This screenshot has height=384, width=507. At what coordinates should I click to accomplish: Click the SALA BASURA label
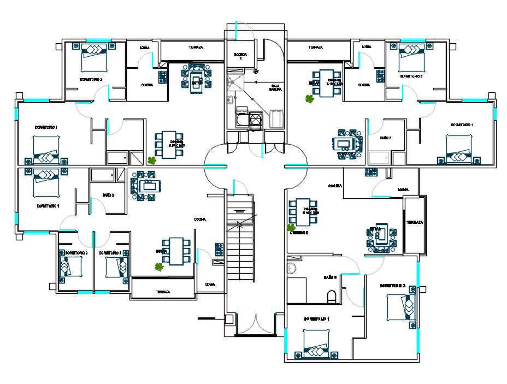coord(276,87)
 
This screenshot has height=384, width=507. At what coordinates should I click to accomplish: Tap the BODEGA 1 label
coord(241,56)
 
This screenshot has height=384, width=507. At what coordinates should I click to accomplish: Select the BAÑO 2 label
coord(108,194)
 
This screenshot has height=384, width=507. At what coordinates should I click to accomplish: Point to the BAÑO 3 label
coord(386,138)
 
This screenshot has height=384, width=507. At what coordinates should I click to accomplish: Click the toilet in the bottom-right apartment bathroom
coord(332,297)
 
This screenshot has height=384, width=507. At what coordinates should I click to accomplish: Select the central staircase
coord(241,240)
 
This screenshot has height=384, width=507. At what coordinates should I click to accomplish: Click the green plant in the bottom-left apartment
coord(159,267)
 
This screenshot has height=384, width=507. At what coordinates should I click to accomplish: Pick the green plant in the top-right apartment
coord(310,99)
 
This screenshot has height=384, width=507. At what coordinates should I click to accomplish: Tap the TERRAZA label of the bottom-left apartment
coord(162,292)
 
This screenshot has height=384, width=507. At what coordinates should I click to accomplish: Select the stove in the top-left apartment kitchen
coord(162,76)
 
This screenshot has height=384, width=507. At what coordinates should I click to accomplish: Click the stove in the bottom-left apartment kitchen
coord(219,249)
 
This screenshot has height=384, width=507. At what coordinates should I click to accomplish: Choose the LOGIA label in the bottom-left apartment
coord(210,284)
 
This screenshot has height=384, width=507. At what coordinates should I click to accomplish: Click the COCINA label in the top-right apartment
coord(364,85)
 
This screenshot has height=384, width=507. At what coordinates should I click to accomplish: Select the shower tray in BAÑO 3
coord(379,159)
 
